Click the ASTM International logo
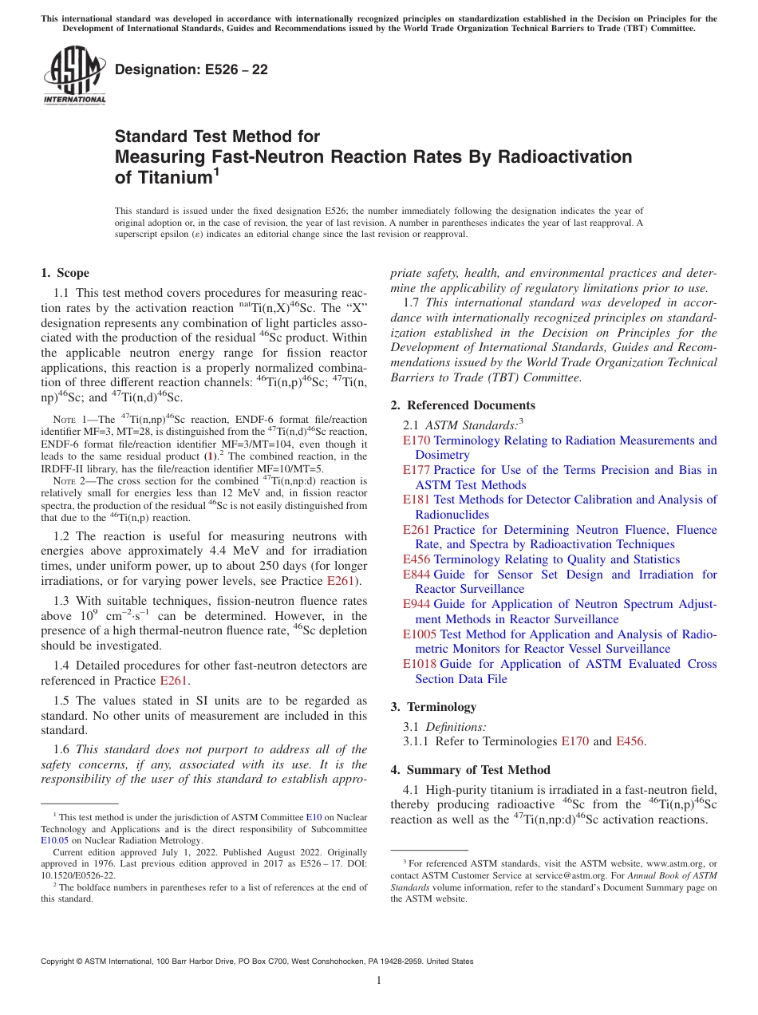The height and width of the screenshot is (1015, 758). click(x=74, y=75)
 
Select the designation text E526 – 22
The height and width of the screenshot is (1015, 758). click(x=191, y=69)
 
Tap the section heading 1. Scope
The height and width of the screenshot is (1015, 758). click(x=65, y=273)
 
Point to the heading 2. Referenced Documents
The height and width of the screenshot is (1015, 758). click(x=463, y=405)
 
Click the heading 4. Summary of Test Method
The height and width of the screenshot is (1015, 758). click(x=470, y=770)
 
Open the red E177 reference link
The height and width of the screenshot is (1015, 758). click(x=417, y=470)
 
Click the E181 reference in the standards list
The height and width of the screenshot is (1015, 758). click(x=417, y=500)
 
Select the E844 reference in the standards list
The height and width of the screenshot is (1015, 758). click(x=417, y=575)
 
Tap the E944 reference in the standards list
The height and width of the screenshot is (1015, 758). click(x=417, y=605)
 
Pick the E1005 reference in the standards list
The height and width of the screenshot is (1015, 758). click(x=420, y=634)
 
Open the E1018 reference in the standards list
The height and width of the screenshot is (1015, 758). click(x=420, y=664)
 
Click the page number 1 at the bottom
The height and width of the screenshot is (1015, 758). click(x=379, y=981)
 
